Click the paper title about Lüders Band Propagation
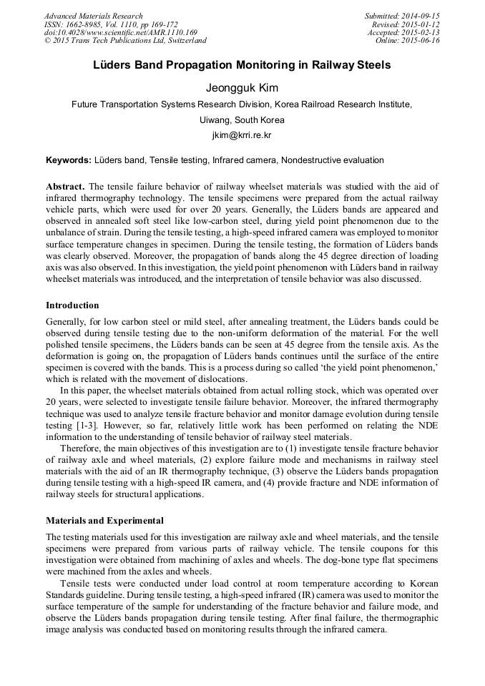tap(242, 65)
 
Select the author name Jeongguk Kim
tap(242, 88)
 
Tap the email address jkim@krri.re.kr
tap(242, 134)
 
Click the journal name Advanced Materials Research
tap(94, 16)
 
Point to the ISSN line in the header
tap(111, 24)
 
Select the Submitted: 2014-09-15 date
tap(402, 16)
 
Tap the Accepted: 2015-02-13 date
tap(403, 32)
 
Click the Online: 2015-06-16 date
tap(407, 41)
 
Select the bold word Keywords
tap(68, 160)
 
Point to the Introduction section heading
tap(72, 305)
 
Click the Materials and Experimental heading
tap(104, 520)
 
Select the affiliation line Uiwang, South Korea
tap(242, 119)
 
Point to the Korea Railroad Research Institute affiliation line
tap(242, 104)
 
